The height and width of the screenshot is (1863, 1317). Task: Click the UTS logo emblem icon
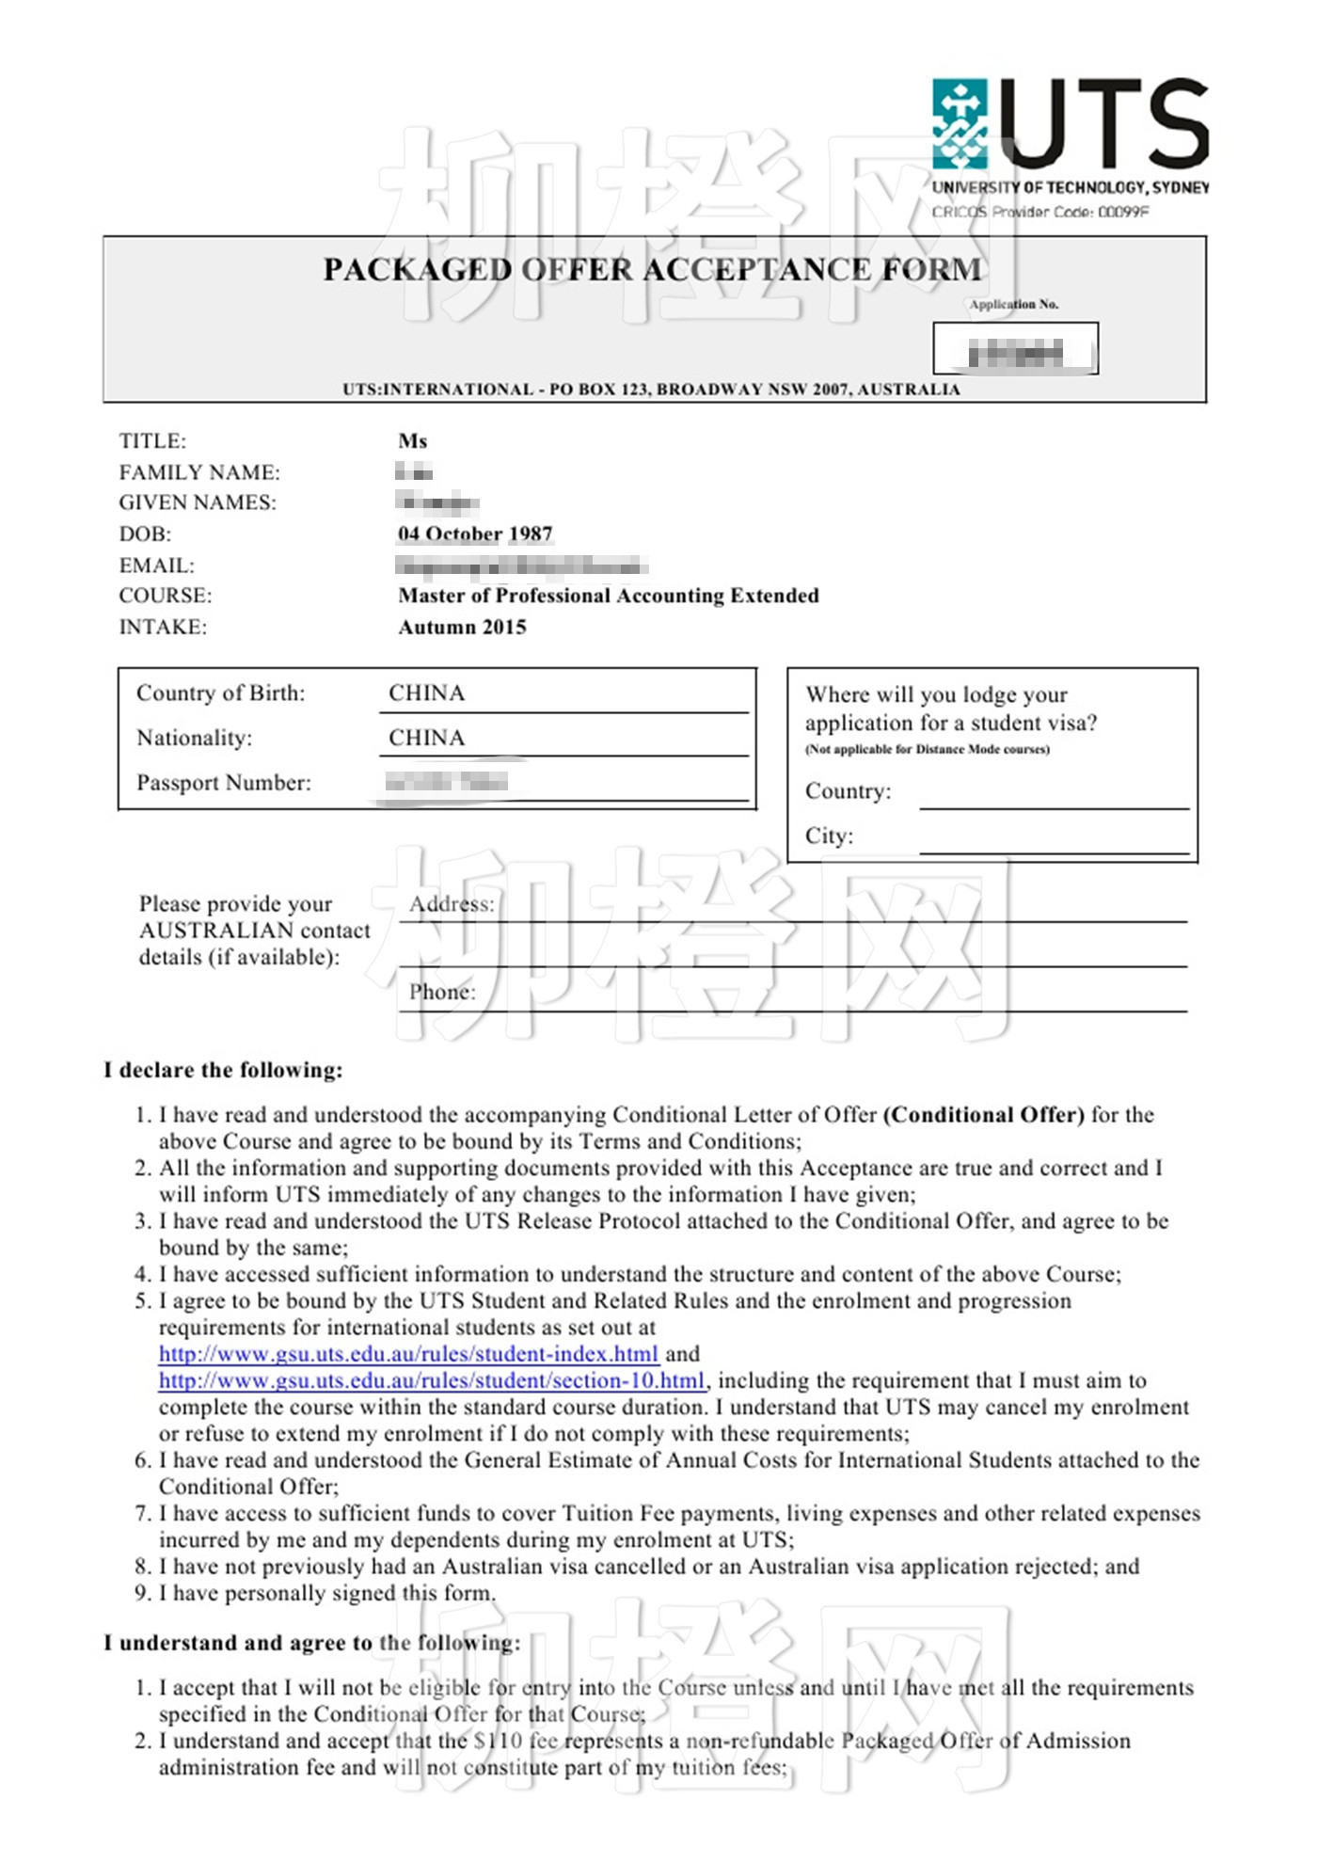click(959, 124)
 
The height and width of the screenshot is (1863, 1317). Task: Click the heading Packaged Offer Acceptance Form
click(652, 270)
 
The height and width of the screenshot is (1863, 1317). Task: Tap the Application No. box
click(1015, 349)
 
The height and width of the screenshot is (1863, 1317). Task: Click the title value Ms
click(412, 441)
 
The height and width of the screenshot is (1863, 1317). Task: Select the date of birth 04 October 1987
click(475, 534)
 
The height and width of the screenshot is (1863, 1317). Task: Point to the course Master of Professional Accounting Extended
click(608, 596)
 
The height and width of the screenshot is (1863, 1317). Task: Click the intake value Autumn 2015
click(462, 628)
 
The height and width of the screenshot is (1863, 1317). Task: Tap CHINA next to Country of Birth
click(427, 693)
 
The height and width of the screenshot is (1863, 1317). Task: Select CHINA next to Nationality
click(427, 738)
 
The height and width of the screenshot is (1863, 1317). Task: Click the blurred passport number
click(447, 782)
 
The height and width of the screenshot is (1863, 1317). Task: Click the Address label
click(452, 904)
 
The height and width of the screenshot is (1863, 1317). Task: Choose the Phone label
click(442, 992)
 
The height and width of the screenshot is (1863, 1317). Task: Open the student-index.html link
click(408, 1354)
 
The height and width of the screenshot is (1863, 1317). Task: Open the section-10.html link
click(431, 1380)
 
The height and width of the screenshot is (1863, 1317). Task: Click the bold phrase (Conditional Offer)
click(983, 1115)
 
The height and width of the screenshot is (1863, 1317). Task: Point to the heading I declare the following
click(223, 1071)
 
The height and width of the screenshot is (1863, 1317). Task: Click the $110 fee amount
click(499, 1741)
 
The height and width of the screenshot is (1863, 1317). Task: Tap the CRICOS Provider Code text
click(1039, 212)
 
